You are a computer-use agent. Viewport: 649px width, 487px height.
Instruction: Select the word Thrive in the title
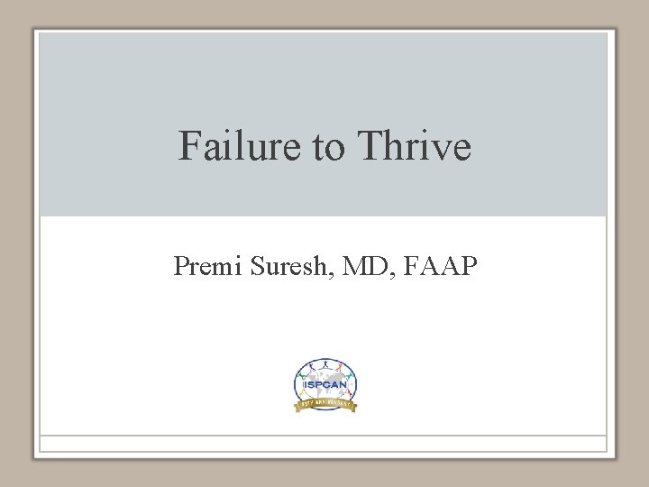tap(414, 145)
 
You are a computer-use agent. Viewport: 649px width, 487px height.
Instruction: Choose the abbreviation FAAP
tap(443, 266)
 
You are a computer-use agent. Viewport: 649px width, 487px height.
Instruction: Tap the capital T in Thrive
tap(371, 145)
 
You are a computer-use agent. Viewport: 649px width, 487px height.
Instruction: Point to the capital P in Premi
tap(181, 266)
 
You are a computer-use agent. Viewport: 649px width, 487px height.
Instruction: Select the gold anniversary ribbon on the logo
tap(325, 405)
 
